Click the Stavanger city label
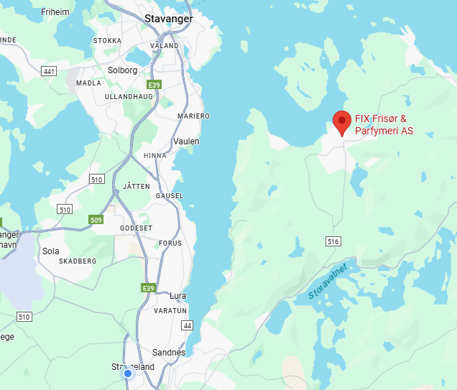[168, 19]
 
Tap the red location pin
[343, 123]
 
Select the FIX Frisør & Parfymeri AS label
[384, 125]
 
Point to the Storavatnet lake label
[328, 281]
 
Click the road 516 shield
[332, 241]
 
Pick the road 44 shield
[188, 325]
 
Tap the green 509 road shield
[96, 219]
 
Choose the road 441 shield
[50, 70]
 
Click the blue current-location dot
[128, 373]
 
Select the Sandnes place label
[169, 353]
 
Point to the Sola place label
[51, 251]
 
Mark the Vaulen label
[186, 141]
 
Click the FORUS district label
[170, 243]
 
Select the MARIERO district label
[193, 116]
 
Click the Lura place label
[177, 295]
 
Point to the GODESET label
[136, 228]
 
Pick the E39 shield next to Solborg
[154, 85]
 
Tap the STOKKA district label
[107, 41]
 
